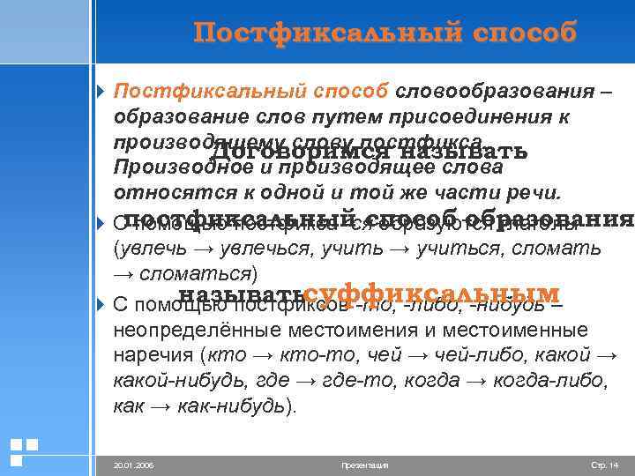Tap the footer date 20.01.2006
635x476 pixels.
pyautogui.click(x=133, y=465)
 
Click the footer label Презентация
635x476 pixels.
pyautogui.click(x=364, y=465)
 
